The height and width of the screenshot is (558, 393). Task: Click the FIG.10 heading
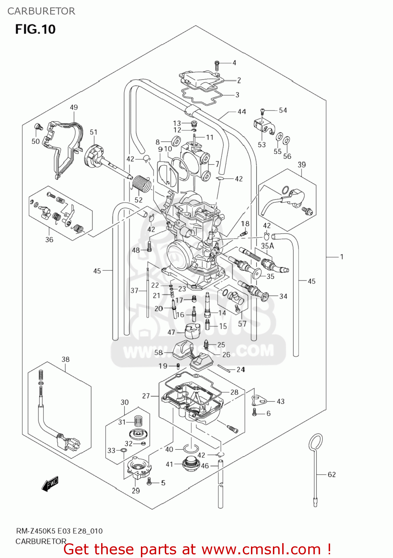pyautogui.click(x=35, y=29)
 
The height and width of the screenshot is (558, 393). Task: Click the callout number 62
pyautogui.click(x=332, y=474)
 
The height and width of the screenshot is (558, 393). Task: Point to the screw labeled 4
pyautogui.click(x=217, y=65)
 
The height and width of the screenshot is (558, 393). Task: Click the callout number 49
pyautogui.click(x=74, y=107)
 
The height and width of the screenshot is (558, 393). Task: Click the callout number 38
pyautogui.click(x=65, y=359)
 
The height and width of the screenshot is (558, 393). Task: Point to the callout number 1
pyautogui.click(x=341, y=257)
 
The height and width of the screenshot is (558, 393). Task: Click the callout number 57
pyautogui.click(x=242, y=324)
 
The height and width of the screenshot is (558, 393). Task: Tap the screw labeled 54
pyautogui.click(x=262, y=111)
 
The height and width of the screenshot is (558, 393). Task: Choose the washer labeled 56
pyautogui.click(x=287, y=141)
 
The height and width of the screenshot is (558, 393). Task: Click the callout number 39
pyautogui.click(x=302, y=164)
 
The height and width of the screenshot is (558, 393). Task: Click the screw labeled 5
pyautogui.click(x=149, y=481)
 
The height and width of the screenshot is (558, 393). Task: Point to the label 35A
pyautogui.click(x=267, y=246)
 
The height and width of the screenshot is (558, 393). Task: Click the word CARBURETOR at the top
pyautogui.click(x=41, y=11)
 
